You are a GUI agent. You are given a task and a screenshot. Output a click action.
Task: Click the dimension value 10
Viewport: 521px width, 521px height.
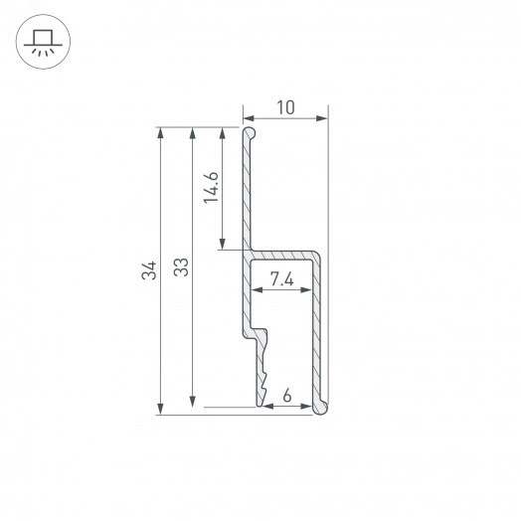coord(285,107)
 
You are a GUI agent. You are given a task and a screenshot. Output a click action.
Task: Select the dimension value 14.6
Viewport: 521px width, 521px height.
coord(211,188)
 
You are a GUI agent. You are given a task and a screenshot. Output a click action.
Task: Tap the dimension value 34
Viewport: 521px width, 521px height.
coord(149,270)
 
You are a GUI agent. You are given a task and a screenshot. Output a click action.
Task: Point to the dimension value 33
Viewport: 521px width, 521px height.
coord(181,267)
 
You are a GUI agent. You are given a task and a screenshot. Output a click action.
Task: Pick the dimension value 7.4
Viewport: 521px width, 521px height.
coord(281,278)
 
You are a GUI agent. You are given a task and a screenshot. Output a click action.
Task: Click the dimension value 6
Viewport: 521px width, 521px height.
coord(287,396)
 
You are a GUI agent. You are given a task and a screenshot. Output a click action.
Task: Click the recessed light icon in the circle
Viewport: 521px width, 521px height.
coord(43,42)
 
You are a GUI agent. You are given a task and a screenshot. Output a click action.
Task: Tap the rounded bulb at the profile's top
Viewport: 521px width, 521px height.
coord(250,132)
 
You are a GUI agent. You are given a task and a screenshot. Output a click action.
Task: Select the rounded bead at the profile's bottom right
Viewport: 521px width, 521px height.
coord(321,407)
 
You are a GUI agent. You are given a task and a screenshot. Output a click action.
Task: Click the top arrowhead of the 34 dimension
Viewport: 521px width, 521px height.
coord(160,132)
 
